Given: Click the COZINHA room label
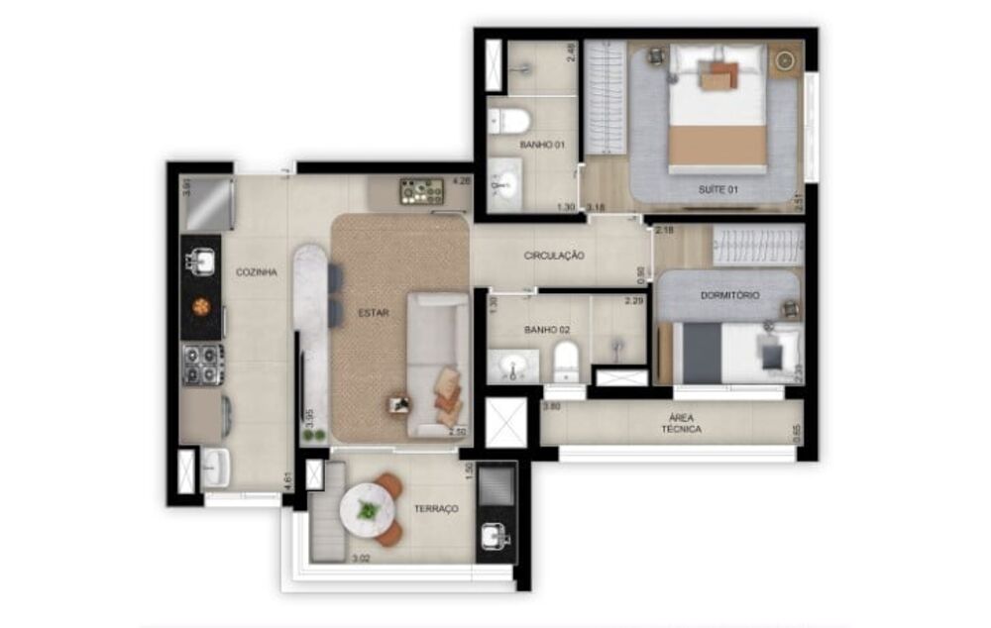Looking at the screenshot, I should pos(256,272).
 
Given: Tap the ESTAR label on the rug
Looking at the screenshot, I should pos(374,314).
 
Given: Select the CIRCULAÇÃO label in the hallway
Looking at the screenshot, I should pos(554,256).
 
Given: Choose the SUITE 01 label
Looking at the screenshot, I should pos(717,189).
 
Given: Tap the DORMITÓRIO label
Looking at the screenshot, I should pos(730,295).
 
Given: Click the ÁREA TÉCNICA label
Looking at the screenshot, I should pos(682,423).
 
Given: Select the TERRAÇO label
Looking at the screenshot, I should pos(436,508).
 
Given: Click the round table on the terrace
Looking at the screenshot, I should pos(367,510).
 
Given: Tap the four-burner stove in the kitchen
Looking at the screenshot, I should pos(202,365).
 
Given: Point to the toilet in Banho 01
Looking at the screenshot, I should pos(511,123).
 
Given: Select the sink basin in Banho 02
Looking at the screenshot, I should pos(513,367).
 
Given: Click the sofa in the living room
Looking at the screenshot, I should pos(439,364).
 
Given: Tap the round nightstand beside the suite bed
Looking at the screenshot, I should pos(786,59).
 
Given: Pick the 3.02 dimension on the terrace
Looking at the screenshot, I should pos(363,558).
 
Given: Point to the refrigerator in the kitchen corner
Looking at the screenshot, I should pos(209,203).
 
